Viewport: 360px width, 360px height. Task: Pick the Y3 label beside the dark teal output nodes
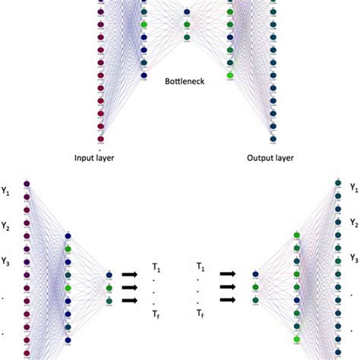pos(354,258)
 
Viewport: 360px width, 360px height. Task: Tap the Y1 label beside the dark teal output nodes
pos(354,186)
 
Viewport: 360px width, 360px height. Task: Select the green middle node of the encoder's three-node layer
pos(110,289)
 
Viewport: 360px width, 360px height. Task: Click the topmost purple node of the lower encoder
pos(27,184)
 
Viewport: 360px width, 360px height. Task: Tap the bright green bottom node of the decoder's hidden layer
pos(298,340)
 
